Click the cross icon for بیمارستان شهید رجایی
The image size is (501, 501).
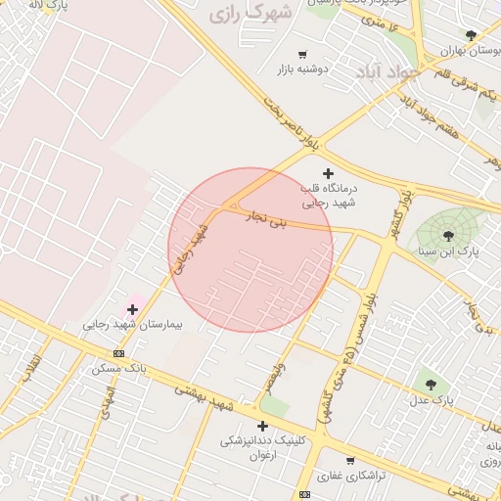coord(133,309)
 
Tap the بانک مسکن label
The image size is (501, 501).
coord(118,369)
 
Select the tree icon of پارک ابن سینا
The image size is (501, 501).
coord(448,235)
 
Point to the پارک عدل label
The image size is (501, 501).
coord(432,400)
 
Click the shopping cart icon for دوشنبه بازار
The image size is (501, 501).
coord(302,55)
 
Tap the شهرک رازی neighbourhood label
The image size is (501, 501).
coord(250,14)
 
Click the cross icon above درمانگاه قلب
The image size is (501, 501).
coord(328,173)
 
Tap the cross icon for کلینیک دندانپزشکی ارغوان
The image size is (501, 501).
coord(262,426)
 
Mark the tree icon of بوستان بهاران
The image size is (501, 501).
coord(471,35)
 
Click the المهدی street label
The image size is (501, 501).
coord(106,400)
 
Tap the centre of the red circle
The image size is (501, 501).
coord(250,250)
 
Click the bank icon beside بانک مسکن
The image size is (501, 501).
coord(118,353)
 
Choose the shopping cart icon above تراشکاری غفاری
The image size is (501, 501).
coord(350,460)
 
